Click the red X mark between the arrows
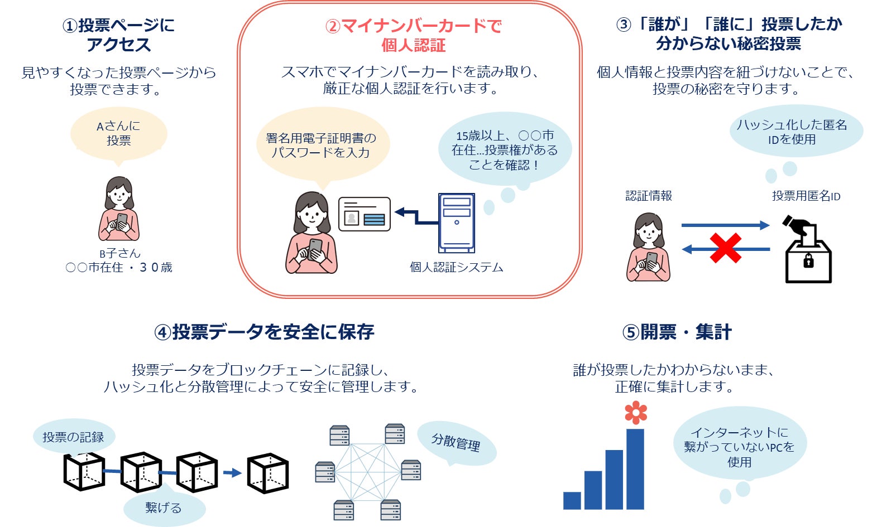pyautogui.click(x=725, y=248)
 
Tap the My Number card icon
pyautogui.click(x=364, y=214)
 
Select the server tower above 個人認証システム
pyautogui.click(x=457, y=223)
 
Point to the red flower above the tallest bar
pyautogui.click(x=636, y=413)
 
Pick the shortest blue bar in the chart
pyautogui.click(x=572, y=500)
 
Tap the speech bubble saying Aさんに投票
pyautogui.click(x=118, y=133)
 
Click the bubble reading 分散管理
pyautogui.click(x=456, y=443)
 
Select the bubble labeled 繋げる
pyautogui.click(x=164, y=507)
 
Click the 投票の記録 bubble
pyautogui.click(x=73, y=437)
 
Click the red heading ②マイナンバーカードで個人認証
pyautogui.click(x=413, y=35)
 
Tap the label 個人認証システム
pyautogui.click(x=456, y=267)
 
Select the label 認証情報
pyautogui.click(x=649, y=196)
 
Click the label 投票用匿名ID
pyautogui.click(x=806, y=196)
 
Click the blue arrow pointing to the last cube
pyautogui.click(x=232, y=473)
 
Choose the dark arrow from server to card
pyautogui.click(x=415, y=216)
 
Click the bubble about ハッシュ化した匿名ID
pyautogui.click(x=795, y=132)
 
